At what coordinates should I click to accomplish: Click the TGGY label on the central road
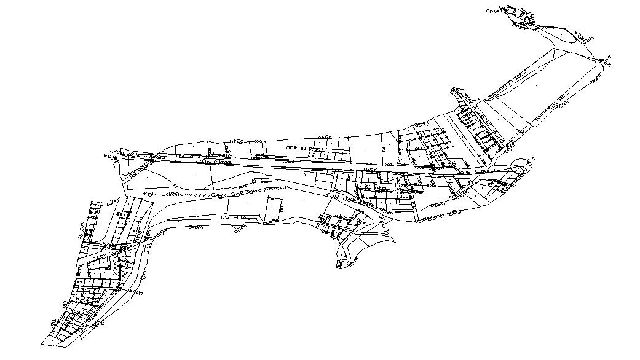369,170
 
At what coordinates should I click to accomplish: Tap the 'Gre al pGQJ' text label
306,149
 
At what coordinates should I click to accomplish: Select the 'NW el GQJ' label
235,217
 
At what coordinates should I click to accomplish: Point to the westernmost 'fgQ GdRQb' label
160,194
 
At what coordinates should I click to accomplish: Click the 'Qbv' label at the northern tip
491,10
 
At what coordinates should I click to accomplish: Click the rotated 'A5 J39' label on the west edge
81,232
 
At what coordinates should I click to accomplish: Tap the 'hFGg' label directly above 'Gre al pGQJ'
324,136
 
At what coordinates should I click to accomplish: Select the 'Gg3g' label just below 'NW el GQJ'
239,228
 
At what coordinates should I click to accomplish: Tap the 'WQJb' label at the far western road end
110,157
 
